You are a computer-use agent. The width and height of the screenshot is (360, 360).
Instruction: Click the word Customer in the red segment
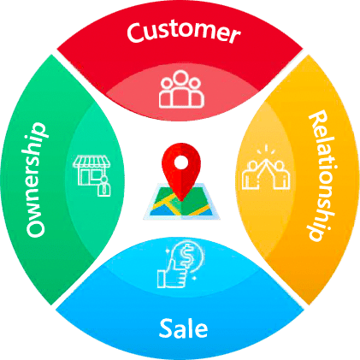(x=183, y=32)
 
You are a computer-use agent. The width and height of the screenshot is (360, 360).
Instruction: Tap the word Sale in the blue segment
(x=183, y=328)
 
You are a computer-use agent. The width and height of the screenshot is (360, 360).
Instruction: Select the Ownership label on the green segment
(x=36, y=180)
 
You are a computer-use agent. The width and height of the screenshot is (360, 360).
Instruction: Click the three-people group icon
(x=181, y=89)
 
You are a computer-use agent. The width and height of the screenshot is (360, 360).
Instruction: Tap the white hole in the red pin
(x=181, y=162)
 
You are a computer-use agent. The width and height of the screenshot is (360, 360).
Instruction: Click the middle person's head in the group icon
(x=181, y=78)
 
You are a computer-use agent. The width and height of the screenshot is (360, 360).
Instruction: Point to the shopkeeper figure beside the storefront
(x=104, y=186)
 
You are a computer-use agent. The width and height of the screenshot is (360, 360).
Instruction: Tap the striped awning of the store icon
(x=91, y=162)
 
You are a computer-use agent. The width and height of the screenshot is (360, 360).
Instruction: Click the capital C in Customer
(x=136, y=33)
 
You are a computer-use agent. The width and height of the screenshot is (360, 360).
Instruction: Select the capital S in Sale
(x=166, y=328)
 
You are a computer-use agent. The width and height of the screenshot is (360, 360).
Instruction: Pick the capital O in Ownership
(x=36, y=227)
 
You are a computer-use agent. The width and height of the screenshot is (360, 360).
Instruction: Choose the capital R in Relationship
(x=318, y=119)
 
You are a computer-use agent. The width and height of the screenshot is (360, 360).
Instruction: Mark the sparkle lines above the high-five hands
(x=266, y=150)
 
